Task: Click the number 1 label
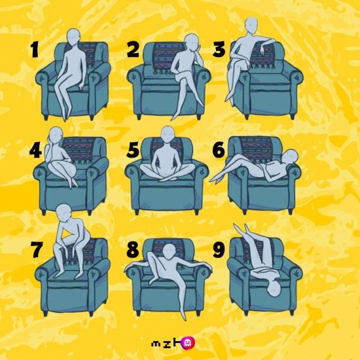[35, 49]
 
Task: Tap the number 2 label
[133, 50]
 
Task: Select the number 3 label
[219, 49]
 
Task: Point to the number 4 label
[35, 151]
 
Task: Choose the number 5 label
[133, 150]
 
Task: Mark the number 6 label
[219, 150]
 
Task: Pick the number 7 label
[37, 250]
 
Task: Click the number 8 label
[133, 250]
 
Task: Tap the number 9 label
[219, 250]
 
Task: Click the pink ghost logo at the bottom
[188, 343]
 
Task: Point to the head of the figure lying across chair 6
[291, 156]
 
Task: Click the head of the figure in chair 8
[170, 251]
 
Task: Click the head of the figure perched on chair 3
[251, 25]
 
